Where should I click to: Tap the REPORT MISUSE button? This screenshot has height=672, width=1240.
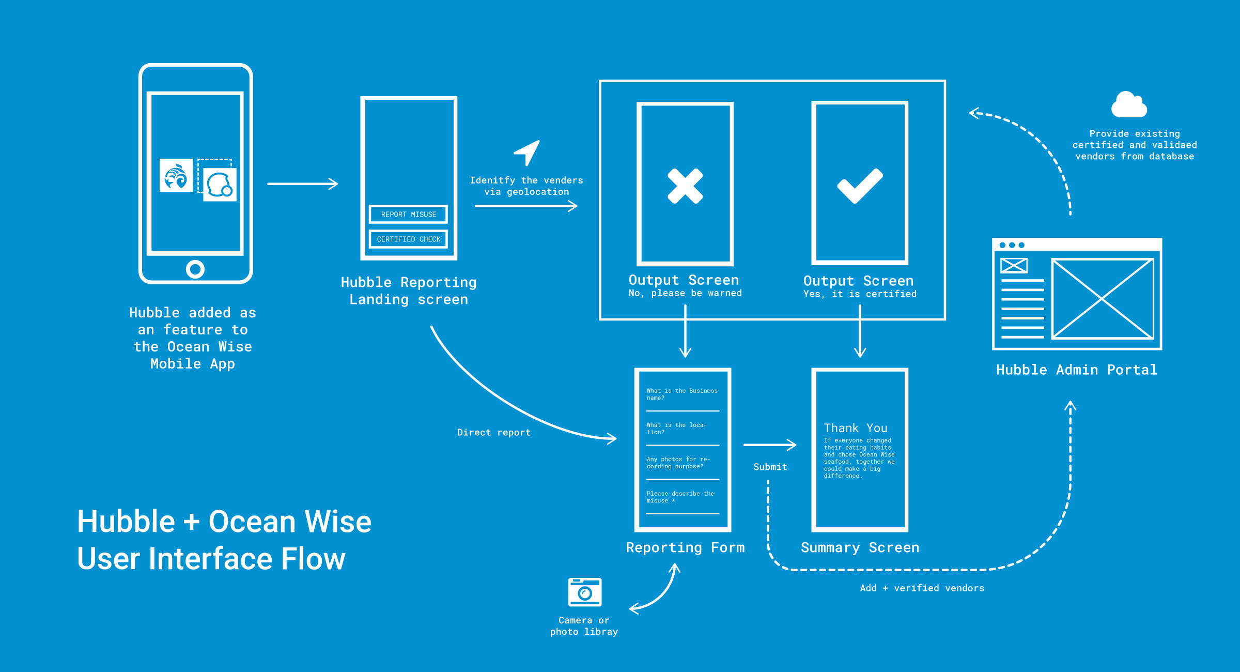(408, 214)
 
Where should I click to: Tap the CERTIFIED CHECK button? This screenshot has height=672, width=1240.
(408, 239)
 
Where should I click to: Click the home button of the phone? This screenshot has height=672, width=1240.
(195, 269)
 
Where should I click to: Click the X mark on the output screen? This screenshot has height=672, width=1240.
(685, 186)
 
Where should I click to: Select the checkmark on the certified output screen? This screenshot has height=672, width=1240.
(860, 186)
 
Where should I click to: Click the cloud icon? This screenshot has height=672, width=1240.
(1129, 105)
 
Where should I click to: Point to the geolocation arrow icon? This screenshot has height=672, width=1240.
(528, 152)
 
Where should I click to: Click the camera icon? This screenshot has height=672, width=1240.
(584, 592)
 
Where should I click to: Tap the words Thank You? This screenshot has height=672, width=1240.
(856, 428)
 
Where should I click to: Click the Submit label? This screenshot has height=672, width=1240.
(770, 467)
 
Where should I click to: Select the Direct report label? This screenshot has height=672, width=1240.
(493, 433)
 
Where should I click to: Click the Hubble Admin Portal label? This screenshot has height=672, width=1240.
(1077, 370)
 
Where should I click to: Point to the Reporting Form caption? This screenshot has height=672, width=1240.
(685, 547)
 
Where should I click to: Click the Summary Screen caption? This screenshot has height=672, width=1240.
(860, 547)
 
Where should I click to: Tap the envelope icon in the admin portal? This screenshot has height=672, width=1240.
(1014, 266)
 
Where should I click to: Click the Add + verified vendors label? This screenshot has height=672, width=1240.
(922, 588)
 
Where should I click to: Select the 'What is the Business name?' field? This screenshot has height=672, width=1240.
(682, 394)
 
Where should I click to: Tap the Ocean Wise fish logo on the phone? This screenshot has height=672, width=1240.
(176, 176)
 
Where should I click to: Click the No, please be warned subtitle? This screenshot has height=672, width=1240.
(685, 293)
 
